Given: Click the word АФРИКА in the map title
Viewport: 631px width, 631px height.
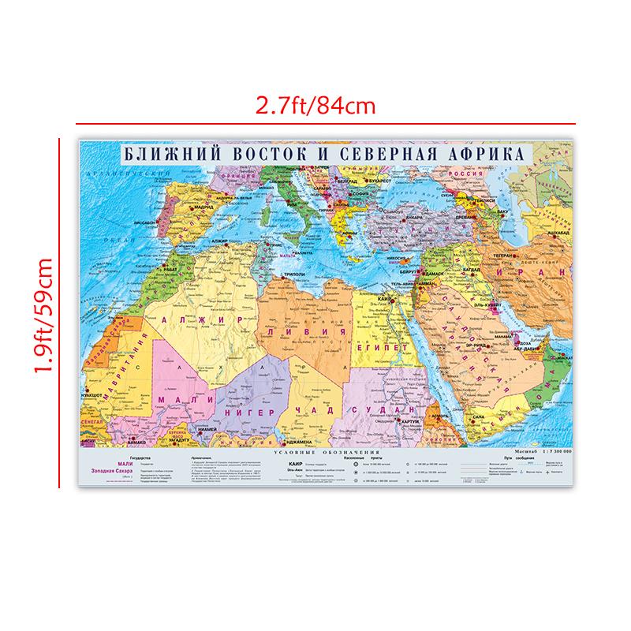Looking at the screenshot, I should point(484,153).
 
